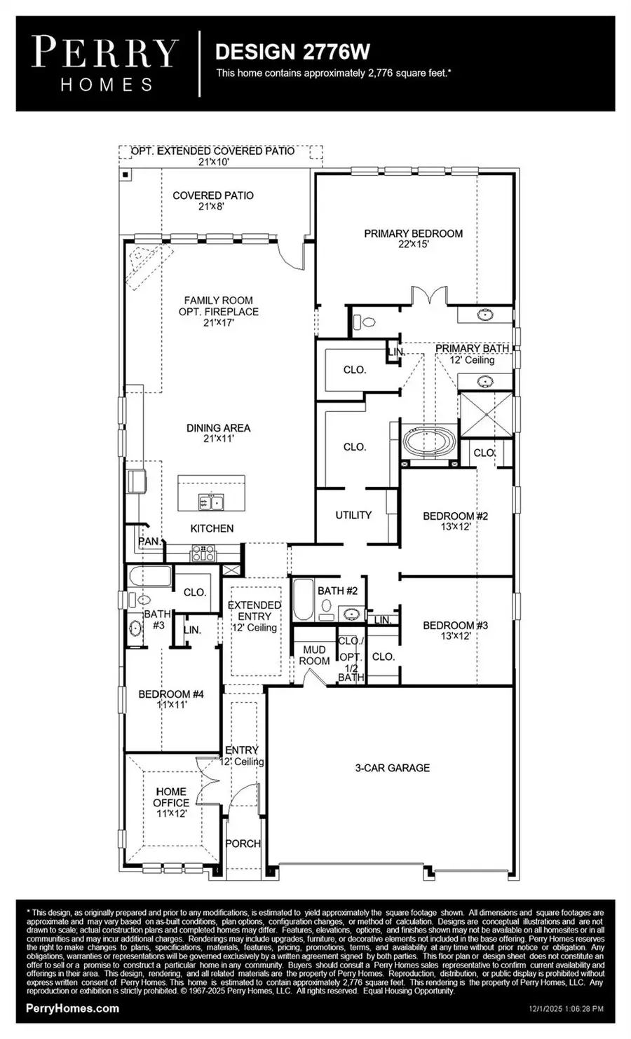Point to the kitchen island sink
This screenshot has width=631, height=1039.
pos(210,502)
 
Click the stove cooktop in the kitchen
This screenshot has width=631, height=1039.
pos(203,553)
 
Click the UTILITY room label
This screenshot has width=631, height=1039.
pos(353,515)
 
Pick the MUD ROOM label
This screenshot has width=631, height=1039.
pos(314,655)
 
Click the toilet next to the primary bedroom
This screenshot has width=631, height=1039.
pos(365,322)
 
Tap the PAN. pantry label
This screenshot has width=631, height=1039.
pos(149,542)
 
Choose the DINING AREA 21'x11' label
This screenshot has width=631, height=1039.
pos(217,433)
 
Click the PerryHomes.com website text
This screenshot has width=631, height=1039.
pos(72,1009)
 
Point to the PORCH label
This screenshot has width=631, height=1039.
pos(243,844)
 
